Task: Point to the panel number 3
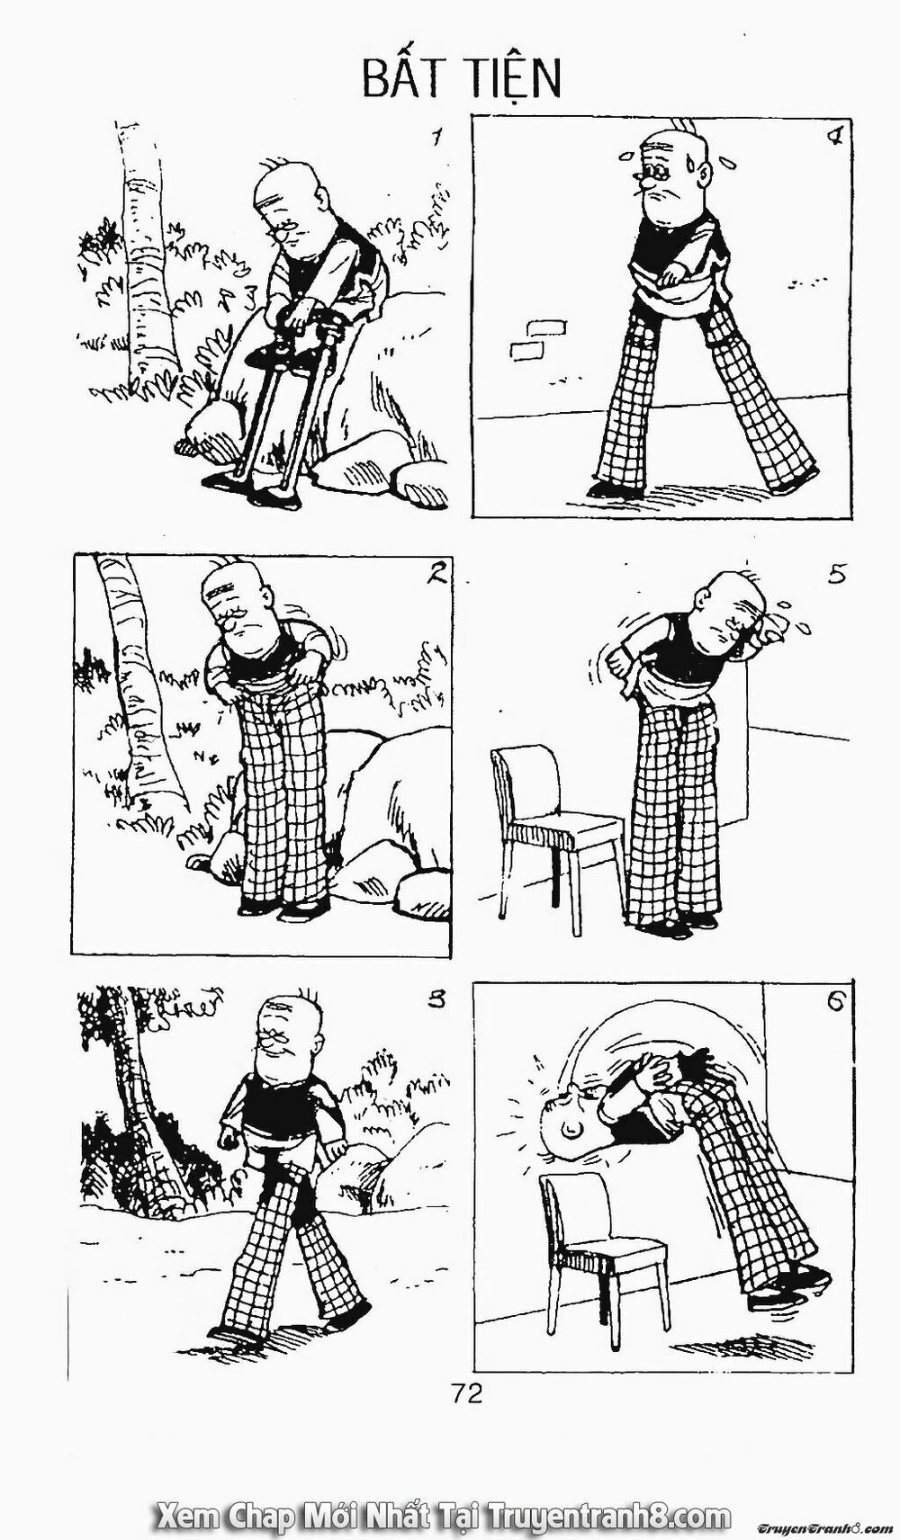(x=436, y=999)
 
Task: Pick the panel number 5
(x=837, y=573)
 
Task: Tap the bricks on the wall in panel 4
(x=531, y=339)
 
